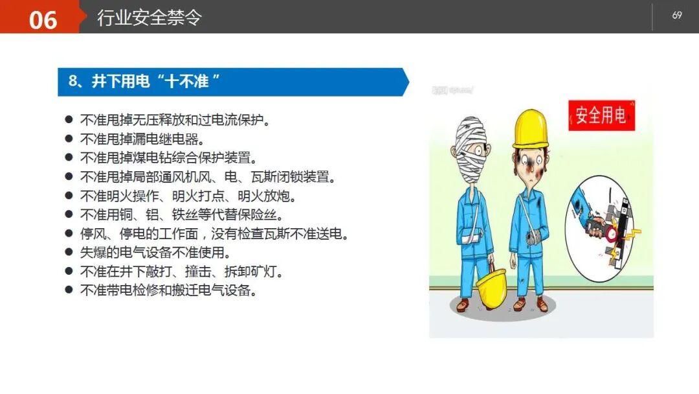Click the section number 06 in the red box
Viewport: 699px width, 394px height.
click(x=43, y=19)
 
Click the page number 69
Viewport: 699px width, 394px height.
click(x=677, y=16)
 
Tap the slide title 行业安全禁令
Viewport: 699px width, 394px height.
click(x=149, y=17)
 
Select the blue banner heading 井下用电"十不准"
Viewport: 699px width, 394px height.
click(x=145, y=81)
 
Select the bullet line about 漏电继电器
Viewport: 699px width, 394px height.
click(x=142, y=139)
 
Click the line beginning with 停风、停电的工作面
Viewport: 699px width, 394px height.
click(x=214, y=233)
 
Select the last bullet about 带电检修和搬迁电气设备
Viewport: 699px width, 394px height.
click(x=169, y=290)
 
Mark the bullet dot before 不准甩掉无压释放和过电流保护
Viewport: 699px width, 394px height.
click(x=69, y=120)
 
